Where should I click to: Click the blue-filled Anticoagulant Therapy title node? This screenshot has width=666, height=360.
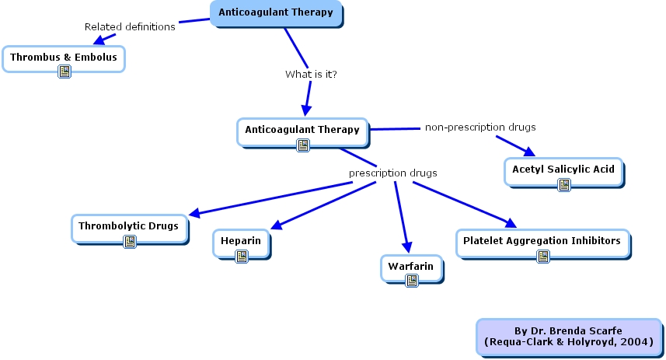click(x=276, y=12)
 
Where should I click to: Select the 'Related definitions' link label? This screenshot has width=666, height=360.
click(x=130, y=27)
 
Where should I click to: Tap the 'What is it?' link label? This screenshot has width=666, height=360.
click(x=311, y=75)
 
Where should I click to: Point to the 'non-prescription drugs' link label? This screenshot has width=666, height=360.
click(x=480, y=127)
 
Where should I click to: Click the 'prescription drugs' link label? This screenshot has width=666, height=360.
click(x=392, y=173)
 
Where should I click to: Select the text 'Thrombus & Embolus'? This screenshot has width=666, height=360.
click(x=63, y=57)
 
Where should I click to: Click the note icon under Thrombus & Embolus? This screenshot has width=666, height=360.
click(x=64, y=72)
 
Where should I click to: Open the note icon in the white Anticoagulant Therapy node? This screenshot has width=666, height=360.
click(x=303, y=145)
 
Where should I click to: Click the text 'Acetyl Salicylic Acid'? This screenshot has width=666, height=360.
click(x=563, y=169)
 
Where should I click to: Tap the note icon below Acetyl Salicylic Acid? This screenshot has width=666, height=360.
click(x=564, y=184)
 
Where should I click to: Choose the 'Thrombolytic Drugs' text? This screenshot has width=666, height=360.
click(x=128, y=226)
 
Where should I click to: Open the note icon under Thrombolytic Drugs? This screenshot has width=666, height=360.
click(x=130, y=242)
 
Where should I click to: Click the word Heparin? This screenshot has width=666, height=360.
click(x=242, y=241)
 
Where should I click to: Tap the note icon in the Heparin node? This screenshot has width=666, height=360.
click(x=242, y=257)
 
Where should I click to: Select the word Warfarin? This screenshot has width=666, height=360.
click(x=412, y=266)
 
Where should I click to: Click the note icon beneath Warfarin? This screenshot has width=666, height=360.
click(x=412, y=281)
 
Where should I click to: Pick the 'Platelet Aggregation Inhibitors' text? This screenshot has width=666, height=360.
click(x=542, y=241)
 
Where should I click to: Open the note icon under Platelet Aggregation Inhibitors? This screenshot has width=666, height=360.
click(x=542, y=256)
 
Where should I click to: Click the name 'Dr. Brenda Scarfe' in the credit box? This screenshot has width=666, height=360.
click(x=578, y=331)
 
